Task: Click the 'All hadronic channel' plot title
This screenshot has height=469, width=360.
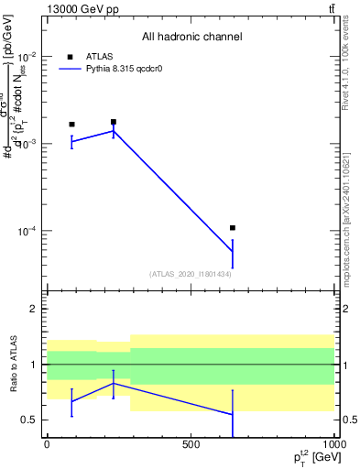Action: click(191, 37)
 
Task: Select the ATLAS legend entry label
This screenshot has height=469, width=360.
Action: click(99, 56)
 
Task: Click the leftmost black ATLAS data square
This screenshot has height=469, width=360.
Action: click(71, 124)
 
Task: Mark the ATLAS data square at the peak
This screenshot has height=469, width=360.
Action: click(114, 122)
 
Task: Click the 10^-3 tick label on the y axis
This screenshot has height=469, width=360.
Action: click(27, 144)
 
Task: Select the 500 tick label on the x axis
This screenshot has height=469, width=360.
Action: click(191, 444)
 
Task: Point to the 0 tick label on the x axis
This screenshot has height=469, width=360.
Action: click(47, 444)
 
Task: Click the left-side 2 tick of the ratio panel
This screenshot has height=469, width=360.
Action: click(35, 309)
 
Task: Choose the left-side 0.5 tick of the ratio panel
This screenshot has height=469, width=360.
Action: click(30, 420)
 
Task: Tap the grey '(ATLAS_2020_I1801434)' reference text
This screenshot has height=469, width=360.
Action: click(190, 274)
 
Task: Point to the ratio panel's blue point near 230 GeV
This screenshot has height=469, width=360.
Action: click(114, 383)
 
